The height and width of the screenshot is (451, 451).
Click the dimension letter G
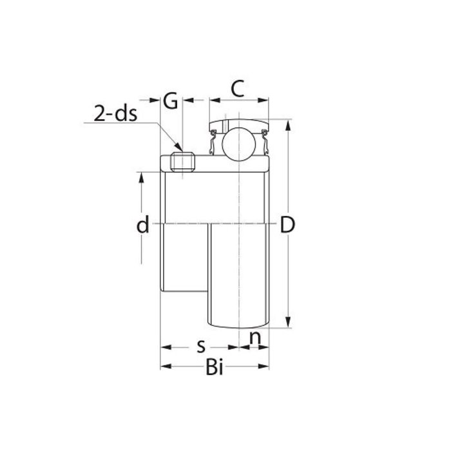click(171, 101)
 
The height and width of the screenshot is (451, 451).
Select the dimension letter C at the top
click(238, 89)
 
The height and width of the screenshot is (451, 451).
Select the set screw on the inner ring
click(182, 161)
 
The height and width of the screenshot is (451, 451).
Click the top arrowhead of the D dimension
click(287, 123)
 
